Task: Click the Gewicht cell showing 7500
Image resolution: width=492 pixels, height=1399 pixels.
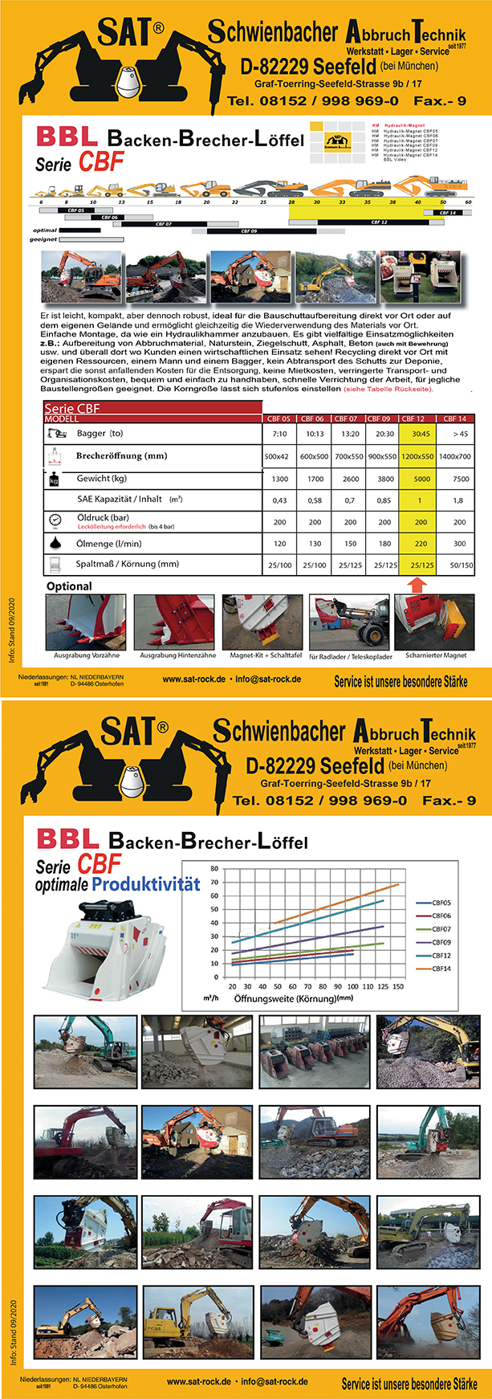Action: coord(461,479)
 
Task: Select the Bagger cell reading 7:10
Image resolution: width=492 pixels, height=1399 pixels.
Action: coord(279,434)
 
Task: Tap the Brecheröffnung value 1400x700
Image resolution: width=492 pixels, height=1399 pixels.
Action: coord(455,456)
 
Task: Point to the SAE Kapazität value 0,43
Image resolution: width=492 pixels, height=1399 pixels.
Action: coord(279,500)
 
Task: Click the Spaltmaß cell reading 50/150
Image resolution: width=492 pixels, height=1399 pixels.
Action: coord(461,565)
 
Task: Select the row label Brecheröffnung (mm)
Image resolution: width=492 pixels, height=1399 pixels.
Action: coord(121,455)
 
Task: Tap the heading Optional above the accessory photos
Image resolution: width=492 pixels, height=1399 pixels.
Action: coord(69,586)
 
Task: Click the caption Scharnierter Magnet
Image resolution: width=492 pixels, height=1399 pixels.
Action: coord(436,655)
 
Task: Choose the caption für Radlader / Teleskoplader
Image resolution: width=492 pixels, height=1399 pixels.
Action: coord(350,656)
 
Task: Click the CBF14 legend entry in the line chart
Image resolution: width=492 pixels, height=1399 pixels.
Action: coord(441,969)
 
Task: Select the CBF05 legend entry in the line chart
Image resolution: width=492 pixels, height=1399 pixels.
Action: coord(441,903)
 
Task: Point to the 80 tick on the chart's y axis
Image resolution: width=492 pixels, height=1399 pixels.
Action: coord(214,869)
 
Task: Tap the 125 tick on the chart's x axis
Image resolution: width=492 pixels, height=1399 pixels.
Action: coord(383,986)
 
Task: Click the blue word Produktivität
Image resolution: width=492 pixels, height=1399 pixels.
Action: coord(145,884)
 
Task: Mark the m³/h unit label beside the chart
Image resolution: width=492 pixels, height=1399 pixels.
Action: coord(212,999)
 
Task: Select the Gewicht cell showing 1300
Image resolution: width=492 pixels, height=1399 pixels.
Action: coord(279,479)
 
